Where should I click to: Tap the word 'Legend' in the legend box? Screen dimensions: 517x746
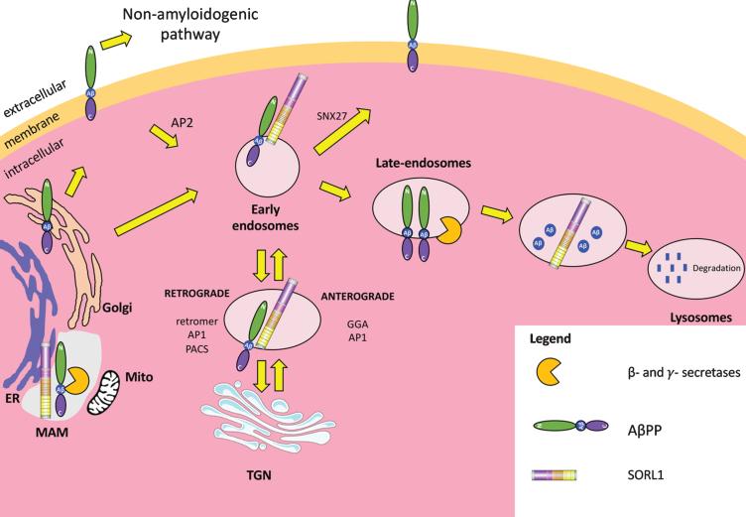[x=550, y=337]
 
